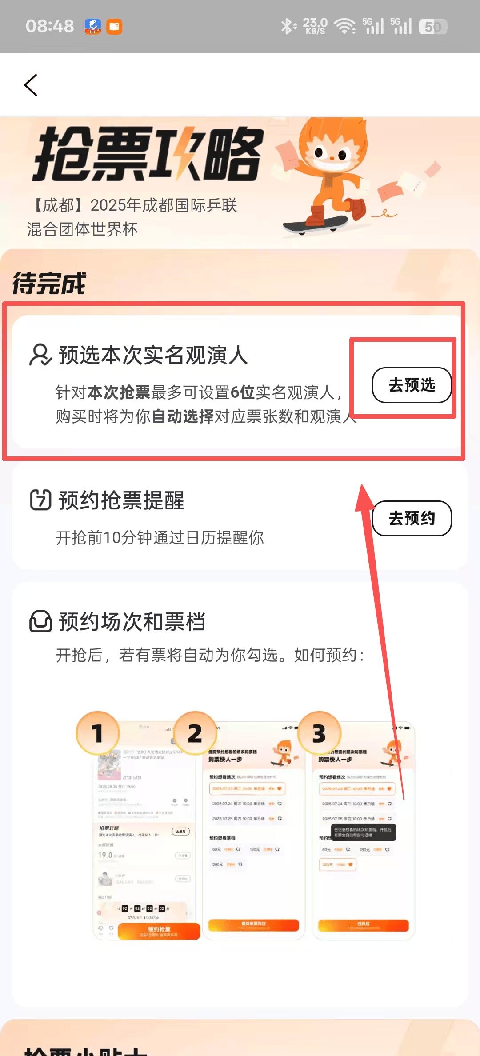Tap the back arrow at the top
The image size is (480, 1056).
(31, 85)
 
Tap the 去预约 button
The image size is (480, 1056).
(412, 518)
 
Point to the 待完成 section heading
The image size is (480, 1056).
(49, 284)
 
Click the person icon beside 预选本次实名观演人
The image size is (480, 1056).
(40, 355)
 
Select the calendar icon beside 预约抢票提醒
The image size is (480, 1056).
(40, 500)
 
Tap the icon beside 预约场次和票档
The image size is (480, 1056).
(40, 621)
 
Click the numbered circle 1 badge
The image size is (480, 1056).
(98, 733)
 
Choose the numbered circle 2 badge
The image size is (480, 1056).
(195, 733)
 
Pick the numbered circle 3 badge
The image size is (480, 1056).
(319, 733)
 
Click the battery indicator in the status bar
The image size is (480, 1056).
(433, 27)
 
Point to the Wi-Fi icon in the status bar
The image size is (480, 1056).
(345, 27)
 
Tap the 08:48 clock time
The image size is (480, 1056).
(50, 27)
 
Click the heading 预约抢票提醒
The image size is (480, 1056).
(121, 500)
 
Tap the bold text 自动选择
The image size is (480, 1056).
(183, 416)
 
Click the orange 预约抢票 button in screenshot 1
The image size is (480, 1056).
(159, 931)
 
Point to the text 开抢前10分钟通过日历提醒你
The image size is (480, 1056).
(160, 538)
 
